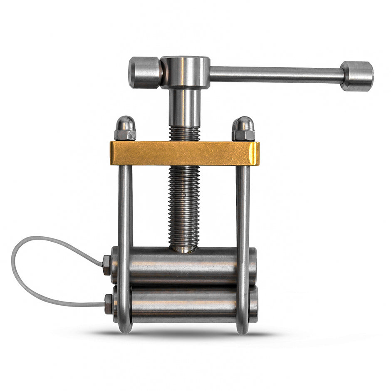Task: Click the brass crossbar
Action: pos(184,153)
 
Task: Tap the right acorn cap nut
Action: pos(243,129)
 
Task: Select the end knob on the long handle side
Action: pos(357,76)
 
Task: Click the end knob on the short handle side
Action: pos(144,73)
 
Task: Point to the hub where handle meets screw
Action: pos(185,72)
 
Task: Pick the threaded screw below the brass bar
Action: pos(184,204)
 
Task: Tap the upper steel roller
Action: pos(183,266)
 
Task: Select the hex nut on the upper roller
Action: pos(106,265)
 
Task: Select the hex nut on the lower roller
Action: pos(108,304)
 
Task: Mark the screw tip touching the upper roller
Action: pos(184,248)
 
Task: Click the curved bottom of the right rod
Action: pos(243,329)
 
